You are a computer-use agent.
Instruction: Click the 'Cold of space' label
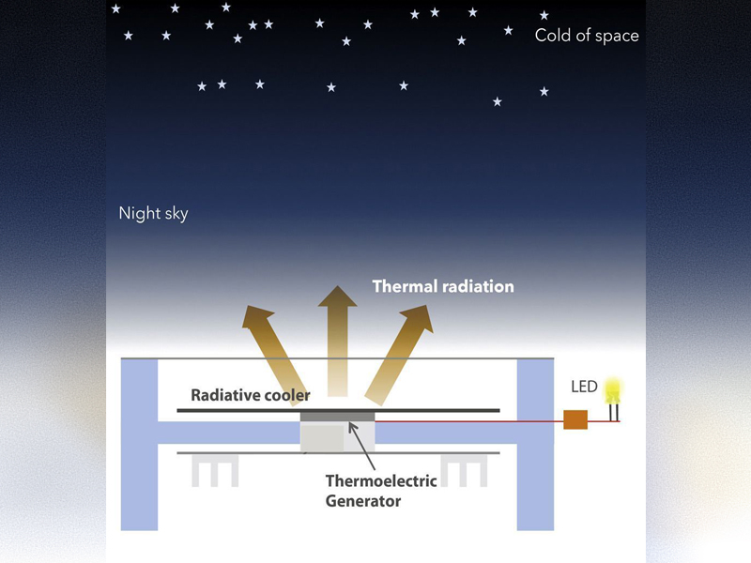586,36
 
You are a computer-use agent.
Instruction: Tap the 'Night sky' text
153,213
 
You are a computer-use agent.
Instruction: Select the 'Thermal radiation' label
443,286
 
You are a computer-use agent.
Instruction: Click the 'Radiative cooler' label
250,395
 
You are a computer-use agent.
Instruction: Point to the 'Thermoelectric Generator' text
380,491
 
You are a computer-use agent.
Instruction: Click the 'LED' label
584,387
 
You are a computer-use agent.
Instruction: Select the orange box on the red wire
575,420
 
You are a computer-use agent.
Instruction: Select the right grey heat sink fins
466,471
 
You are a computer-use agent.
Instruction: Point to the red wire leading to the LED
469,421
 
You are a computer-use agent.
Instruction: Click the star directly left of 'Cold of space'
509,30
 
